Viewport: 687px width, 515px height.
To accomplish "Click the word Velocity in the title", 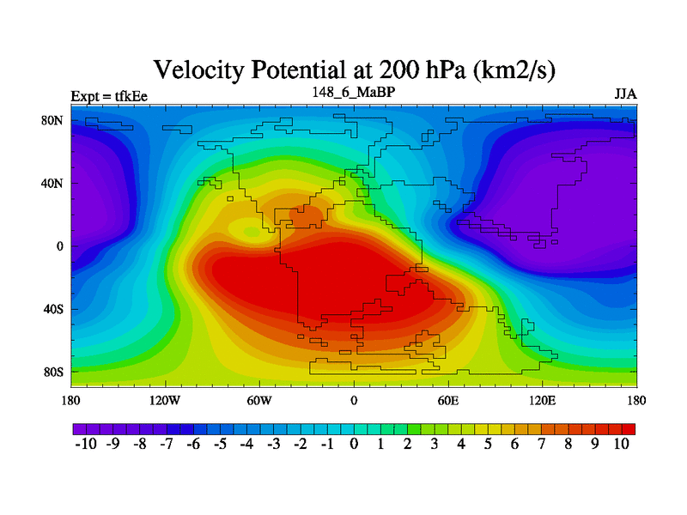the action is click(x=198, y=70).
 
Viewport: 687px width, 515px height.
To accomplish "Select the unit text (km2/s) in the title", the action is click(x=514, y=70).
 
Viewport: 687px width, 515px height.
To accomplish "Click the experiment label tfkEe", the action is click(x=131, y=96).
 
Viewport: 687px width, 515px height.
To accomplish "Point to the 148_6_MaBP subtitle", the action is click(x=354, y=92).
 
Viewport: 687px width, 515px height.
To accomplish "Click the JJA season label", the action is click(x=626, y=94).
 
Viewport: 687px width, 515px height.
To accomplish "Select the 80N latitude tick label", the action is click(x=52, y=120).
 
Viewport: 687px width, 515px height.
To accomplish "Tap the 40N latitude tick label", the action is click(x=52, y=183).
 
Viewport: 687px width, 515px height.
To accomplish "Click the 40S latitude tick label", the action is click(x=53, y=309).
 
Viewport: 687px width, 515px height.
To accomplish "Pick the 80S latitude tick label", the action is click(x=53, y=373).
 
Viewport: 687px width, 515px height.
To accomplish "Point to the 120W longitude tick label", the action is click(x=165, y=400).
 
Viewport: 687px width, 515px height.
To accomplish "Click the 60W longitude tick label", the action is click(x=259, y=400).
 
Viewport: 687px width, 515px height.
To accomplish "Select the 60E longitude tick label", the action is click(x=448, y=400).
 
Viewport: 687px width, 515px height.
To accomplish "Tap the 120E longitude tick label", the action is click(x=543, y=400).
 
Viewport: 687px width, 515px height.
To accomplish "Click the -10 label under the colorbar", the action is click(x=86, y=444).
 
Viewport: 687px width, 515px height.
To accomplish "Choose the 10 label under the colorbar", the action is click(x=621, y=444).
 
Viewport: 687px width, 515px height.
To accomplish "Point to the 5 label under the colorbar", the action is click(x=488, y=444).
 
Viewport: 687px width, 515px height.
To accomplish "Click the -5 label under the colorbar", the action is click(x=220, y=444).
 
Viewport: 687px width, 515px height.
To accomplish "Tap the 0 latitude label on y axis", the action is click(x=59, y=246).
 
